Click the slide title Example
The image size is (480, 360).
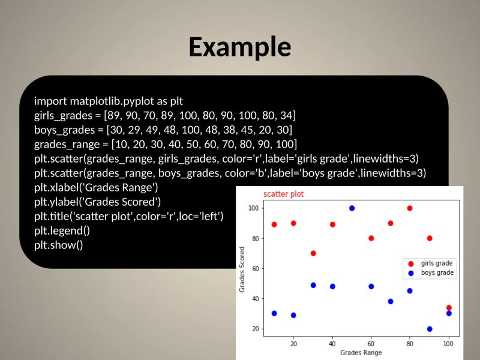pyautogui.click(x=240, y=47)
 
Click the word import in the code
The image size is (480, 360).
pyautogui.click(x=50, y=100)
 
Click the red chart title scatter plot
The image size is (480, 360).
pyautogui.click(x=283, y=194)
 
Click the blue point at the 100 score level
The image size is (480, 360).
pyautogui.click(x=352, y=208)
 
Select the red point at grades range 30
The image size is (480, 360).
pyautogui.click(x=313, y=253)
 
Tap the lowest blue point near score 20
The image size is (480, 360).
pyautogui.click(x=430, y=329)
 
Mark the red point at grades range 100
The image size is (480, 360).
pyautogui.click(x=449, y=308)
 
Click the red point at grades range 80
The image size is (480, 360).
pyautogui.click(x=410, y=208)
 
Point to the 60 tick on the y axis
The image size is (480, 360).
pyautogui.click(x=254, y=268)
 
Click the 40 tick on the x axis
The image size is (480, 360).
pyautogui.click(x=332, y=344)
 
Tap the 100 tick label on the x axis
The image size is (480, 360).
pyautogui.click(x=448, y=344)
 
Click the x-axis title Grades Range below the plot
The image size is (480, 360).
pyautogui.click(x=361, y=353)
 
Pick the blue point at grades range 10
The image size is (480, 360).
pyautogui.click(x=274, y=313)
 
